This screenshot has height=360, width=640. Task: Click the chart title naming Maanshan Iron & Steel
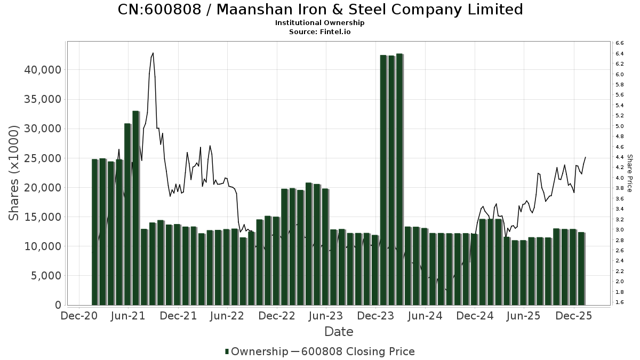coord(320,10)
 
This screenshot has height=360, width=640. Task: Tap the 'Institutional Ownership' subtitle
coord(320,23)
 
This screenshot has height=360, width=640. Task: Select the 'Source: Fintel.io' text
coord(320,31)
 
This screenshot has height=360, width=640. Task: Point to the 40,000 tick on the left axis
coord(42,70)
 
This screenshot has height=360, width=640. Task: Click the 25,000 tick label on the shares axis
coord(42,158)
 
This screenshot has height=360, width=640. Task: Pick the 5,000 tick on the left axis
coord(45,276)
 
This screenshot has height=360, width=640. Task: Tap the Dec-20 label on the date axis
coord(78,316)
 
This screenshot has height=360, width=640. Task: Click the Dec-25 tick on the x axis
coord(573,316)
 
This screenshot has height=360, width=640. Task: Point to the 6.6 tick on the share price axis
coord(620,43)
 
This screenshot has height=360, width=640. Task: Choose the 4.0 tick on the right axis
coord(620,178)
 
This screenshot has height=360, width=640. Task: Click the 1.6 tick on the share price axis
coord(620,302)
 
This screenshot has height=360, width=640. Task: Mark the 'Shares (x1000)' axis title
coord(14,173)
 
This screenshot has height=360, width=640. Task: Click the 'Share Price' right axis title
coord(629,173)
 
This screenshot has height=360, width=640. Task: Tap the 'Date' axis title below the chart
coord(339,332)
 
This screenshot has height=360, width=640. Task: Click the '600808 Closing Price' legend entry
coord(357,351)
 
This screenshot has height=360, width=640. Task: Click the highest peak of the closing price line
coord(153,53)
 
